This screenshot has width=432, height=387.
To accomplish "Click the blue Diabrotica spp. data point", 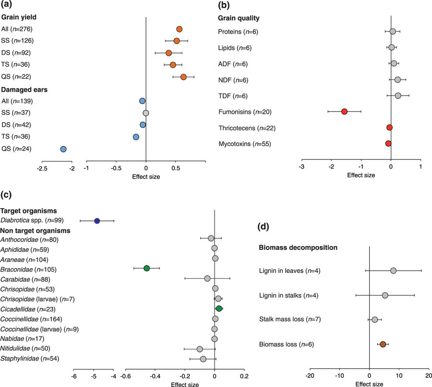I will (97, 221).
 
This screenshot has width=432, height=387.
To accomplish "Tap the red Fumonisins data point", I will (344, 112).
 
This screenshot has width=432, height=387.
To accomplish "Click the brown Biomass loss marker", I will (383, 344).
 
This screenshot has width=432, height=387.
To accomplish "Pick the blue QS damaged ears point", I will (63, 149).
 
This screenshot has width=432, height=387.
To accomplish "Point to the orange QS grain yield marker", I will (183, 77).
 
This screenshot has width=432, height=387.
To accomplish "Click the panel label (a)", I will (8, 5).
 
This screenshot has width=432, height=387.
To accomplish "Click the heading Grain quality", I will (239, 18).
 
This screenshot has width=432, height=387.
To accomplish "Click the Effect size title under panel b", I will (361, 175).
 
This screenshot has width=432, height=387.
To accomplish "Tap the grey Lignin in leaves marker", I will (393, 271).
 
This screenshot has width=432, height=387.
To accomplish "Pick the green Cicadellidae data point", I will (219, 309).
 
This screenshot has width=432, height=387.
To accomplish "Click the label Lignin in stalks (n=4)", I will (288, 295).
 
